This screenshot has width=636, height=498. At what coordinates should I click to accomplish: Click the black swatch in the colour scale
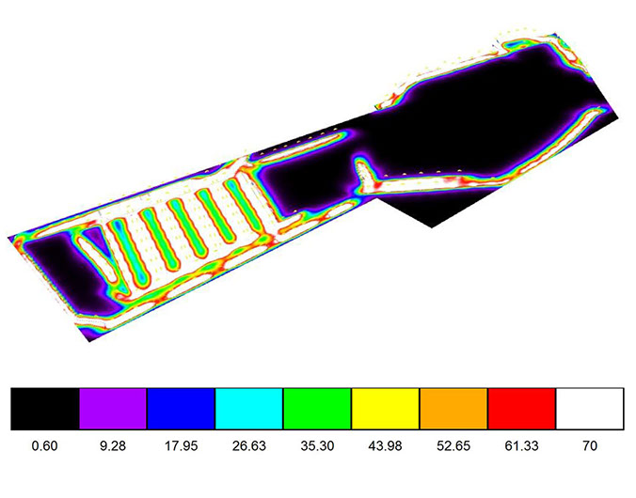[45, 409]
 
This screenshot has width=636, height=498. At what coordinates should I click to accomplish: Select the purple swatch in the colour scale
[113, 409]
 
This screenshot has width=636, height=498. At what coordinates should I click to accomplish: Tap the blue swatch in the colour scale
[181, 409]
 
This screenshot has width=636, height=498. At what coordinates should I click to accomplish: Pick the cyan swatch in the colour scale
[249, 409]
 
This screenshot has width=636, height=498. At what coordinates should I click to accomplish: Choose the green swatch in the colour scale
[317, 409]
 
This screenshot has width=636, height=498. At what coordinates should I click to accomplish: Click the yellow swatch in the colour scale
[386, 409]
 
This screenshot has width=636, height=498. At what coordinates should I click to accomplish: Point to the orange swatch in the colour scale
[453, 409]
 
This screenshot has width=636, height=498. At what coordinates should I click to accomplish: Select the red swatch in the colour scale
[521, 409]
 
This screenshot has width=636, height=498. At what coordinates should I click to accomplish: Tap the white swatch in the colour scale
[590, 409]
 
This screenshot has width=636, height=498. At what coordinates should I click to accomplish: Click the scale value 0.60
[44, 446]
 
